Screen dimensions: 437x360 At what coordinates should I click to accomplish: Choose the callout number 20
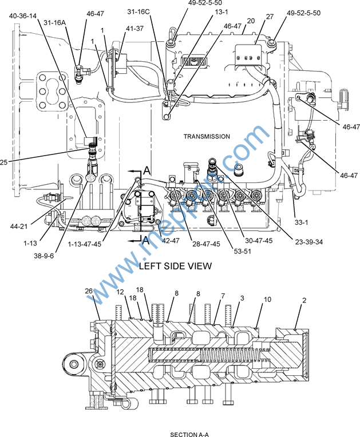250,21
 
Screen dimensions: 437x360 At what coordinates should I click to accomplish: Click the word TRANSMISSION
207,137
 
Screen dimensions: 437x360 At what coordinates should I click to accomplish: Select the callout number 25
6,162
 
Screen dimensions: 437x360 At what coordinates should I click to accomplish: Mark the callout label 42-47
171,241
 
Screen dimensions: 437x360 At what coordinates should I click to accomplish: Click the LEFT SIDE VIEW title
175,266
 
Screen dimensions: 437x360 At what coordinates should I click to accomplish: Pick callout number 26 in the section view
89,291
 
